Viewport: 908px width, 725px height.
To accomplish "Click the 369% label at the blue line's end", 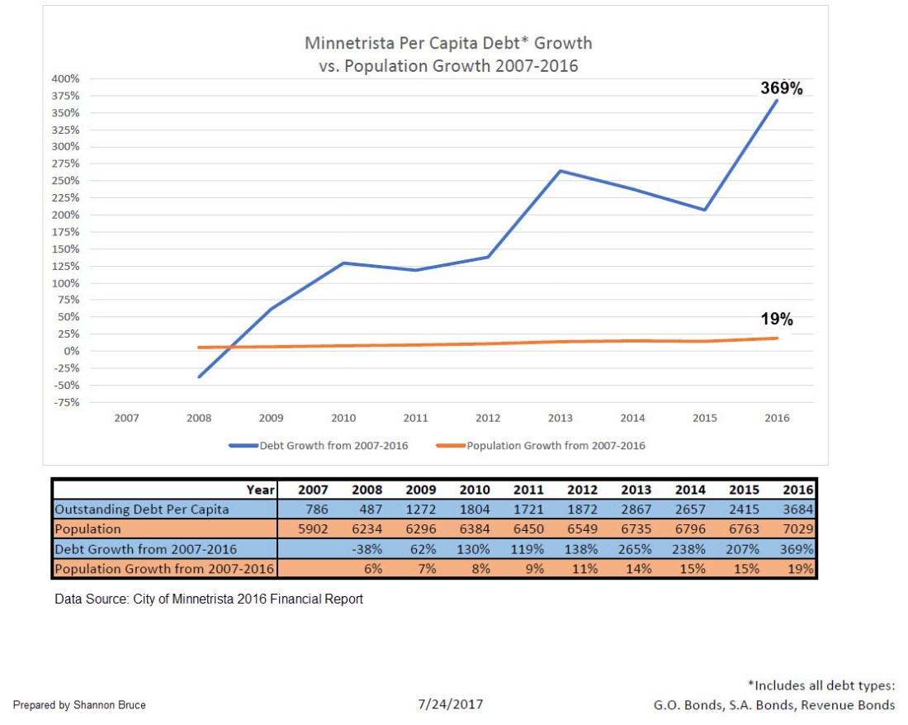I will click(x=781, y=88).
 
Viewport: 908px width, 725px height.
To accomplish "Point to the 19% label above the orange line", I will click(x=776, y=320).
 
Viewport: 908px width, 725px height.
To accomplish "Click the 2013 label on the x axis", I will click(x=560, y=418).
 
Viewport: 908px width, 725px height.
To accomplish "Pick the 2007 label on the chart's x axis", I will click(x=126, y=418).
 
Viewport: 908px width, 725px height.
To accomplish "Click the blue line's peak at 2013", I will click(x=560, y=171).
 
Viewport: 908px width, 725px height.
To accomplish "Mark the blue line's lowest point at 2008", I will click(x=199, y=377).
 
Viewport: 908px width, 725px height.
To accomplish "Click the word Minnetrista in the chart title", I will click(x=347, y=43).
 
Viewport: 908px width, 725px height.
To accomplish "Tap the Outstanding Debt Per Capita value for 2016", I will click(x=798, y=510).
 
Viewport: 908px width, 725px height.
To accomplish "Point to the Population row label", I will click(x=87, y=528).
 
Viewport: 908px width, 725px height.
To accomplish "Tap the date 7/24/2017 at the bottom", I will click(x=451, y=704).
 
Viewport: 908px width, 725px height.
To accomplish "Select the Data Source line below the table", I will click(x=209, y=599).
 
